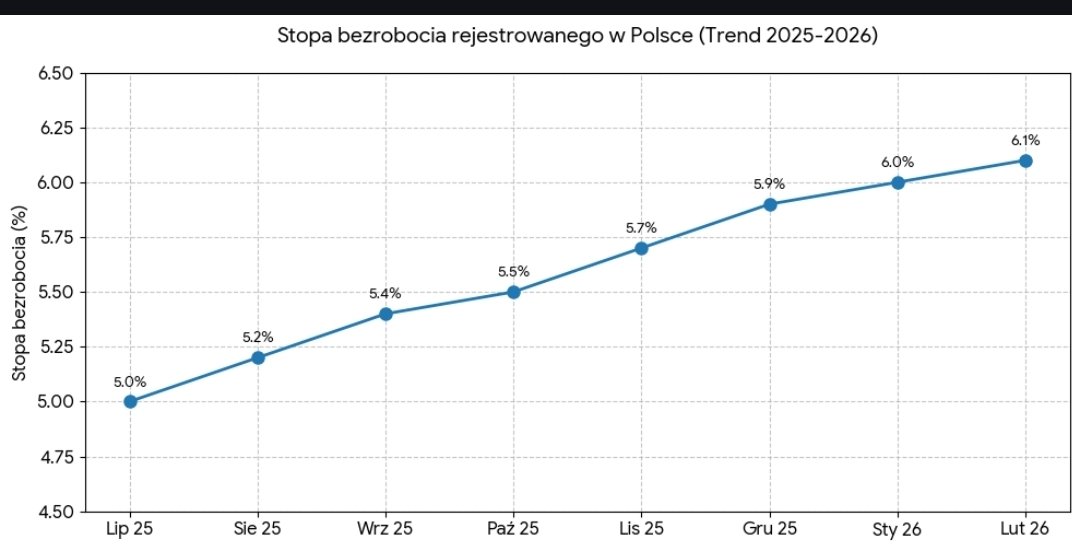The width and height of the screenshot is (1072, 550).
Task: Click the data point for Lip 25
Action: tap(130, 402)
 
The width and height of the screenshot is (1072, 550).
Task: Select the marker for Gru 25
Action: tap(770, 204)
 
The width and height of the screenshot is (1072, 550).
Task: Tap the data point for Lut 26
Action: tap(1025, 161)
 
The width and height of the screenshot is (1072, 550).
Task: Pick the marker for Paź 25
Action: tap(513, 292)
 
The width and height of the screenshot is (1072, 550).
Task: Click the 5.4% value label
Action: tap(385, 293)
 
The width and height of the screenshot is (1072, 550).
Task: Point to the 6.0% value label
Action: tap(897, 162)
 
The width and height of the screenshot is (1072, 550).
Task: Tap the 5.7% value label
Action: tap(641, 227)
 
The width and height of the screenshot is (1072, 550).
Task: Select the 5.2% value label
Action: tap(257, 337)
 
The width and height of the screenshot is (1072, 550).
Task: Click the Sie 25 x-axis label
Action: tap(257, 528)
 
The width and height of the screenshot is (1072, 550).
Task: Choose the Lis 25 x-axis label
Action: tap(641, 528)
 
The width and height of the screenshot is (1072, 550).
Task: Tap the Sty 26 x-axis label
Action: tap(897, 528)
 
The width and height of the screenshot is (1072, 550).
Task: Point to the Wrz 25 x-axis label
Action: tap(385, 528)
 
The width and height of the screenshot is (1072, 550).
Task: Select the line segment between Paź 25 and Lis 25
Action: tap(577, 270)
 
